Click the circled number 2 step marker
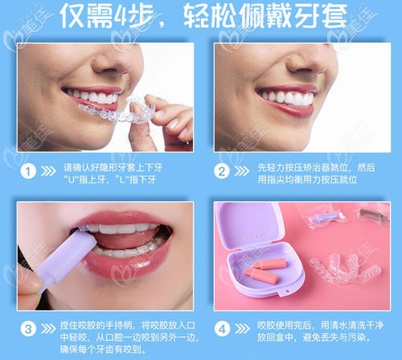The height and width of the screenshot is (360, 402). [x=224, y=170]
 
